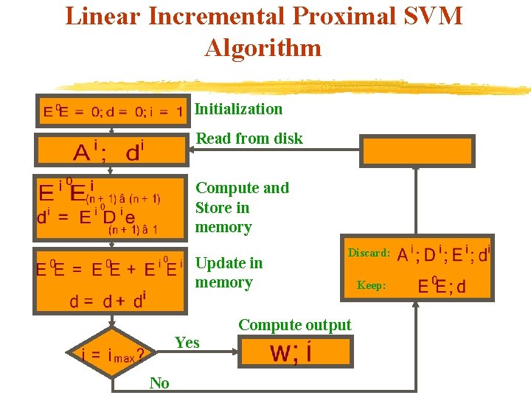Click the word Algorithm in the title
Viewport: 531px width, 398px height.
[263, 48]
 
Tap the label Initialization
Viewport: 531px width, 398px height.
[238, 109]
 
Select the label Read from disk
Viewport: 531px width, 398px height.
[249, 139]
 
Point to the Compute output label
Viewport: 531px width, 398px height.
[295, 325]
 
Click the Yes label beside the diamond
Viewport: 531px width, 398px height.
[187, 342]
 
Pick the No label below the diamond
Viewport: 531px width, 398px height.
[159, 383]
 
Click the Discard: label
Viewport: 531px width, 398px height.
[369, 253]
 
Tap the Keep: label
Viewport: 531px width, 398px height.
[371, 285]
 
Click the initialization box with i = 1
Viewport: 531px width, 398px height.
[113, 111]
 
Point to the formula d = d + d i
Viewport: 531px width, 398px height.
[108, 301]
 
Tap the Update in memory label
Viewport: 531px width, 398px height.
[229, 273]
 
